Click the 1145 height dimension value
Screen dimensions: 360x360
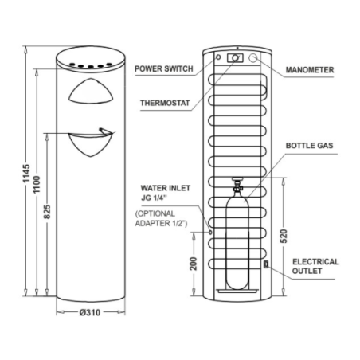tap(26, 173)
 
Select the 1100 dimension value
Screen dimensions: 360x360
tap(37, 184)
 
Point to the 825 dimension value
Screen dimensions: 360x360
tap(47, 212)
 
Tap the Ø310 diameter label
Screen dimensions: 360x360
tap(90, 312)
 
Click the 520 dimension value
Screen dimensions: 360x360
tap(284, 236)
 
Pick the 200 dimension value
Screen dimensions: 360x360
tap(194, 264)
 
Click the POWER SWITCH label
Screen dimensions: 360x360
tap(164, 68)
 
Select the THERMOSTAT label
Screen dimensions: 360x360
tap(165, 103)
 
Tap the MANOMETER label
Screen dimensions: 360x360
tap(310, 70)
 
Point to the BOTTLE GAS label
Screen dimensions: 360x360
tap(309, 146)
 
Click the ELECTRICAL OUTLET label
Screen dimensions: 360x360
tap(315, 266)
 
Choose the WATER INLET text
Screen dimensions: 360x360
tap(166, 188)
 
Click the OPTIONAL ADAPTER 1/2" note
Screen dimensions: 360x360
tap(161, 218)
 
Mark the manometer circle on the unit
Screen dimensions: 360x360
tap(253, 58)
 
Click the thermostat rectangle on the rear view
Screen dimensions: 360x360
tap(235, 58)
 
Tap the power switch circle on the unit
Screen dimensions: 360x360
tap(218, 57)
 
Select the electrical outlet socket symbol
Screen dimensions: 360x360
tap(266, 264)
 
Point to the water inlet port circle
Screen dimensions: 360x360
tap(210, 233)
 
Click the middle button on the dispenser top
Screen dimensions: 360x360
tap(91, 66)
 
